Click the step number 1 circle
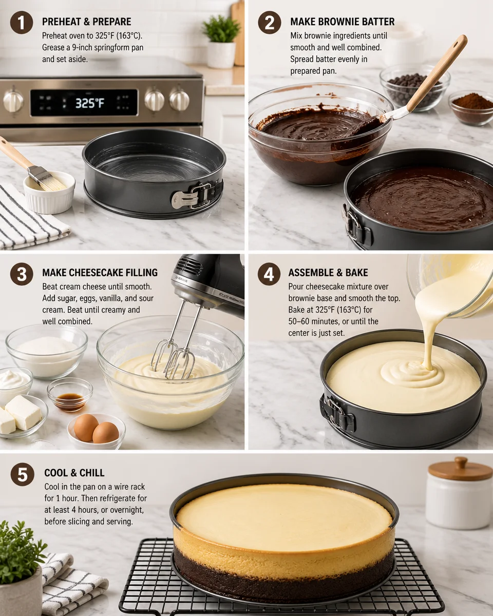click(x=22, y=23)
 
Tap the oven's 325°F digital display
click(x=90, y=103)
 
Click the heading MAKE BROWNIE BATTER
click(x=342, y=22)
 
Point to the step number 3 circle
click(x=22, y=274)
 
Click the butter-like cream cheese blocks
click(x=21, y=413)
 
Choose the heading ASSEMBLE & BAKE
click(x=328, y=273)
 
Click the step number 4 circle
click(x=269, y=274)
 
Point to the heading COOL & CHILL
click(x=74, y=473)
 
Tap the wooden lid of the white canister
click(x=460, y=469)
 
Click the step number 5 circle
click(x=22, y=474)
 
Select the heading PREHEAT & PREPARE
click(x=86, y=22)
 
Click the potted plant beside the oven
click(x=221, y=38)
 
